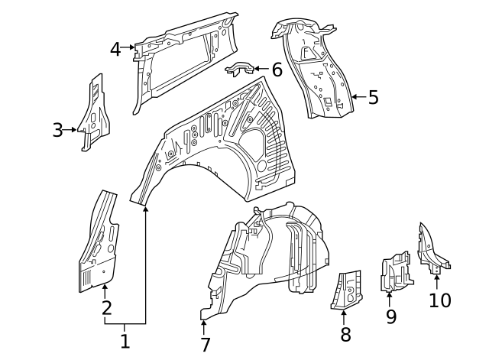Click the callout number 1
[125, 341]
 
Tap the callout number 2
[106, 308]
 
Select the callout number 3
[58, 130]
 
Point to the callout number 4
[115, 49]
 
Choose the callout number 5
[373, 97]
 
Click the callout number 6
[277, 70]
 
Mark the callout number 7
[205, 345]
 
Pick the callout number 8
[345, 334]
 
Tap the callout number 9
[391, 316]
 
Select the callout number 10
[440, 300]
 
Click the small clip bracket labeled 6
[239, 70]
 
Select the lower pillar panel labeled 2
[100, 245]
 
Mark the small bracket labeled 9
[395, 272]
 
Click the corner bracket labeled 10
[430, 248]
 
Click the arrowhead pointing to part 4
[133, 49]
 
